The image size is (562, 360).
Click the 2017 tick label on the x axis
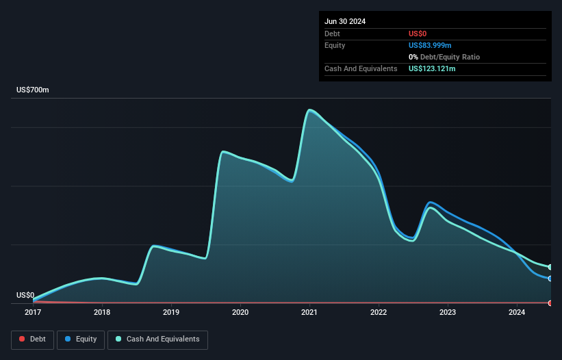(33, 312)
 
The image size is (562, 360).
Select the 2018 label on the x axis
(102, 312)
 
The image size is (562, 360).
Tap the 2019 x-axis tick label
(171, 312)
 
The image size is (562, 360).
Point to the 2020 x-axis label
(240, 312)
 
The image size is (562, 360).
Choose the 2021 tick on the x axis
(309, 312)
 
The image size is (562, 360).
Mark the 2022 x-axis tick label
(379, 312)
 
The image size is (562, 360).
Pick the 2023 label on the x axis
(448, 312)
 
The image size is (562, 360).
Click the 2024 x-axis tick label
(517, 312)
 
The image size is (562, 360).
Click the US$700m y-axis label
(33, 90)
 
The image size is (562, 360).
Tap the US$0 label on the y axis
(25, 295)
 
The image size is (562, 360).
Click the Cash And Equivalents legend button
(157, 339)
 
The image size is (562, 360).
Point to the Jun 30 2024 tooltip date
(345, 21)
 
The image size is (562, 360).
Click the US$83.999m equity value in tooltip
(430, 45)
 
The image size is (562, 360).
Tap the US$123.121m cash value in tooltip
(432, 68)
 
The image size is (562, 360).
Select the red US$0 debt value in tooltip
(418, 34)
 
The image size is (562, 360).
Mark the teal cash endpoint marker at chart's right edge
(550, 267)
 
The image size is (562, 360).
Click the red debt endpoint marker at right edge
(550, 303)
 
